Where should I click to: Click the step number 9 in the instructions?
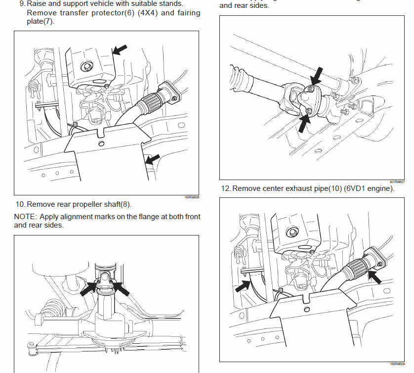(22, 3)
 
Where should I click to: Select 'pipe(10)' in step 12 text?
(319, 188)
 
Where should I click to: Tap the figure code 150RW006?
(191, 197)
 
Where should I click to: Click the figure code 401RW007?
(397, 182)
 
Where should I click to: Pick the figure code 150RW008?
(397, 364)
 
